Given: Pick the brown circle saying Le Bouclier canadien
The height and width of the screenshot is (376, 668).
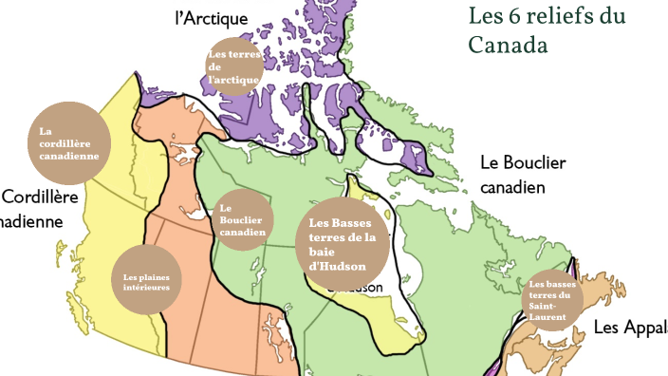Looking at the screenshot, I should pos(241,220).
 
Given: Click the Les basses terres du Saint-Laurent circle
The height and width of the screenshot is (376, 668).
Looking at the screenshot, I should pos(552,300).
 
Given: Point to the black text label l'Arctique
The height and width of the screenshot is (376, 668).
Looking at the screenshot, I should pos(212,18).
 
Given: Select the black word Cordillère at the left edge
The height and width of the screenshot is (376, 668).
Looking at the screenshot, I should pos(40,197).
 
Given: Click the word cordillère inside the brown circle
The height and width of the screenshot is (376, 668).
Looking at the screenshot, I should pos(68,143).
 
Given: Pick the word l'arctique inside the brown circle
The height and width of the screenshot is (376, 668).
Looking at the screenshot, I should pos(233,80).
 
